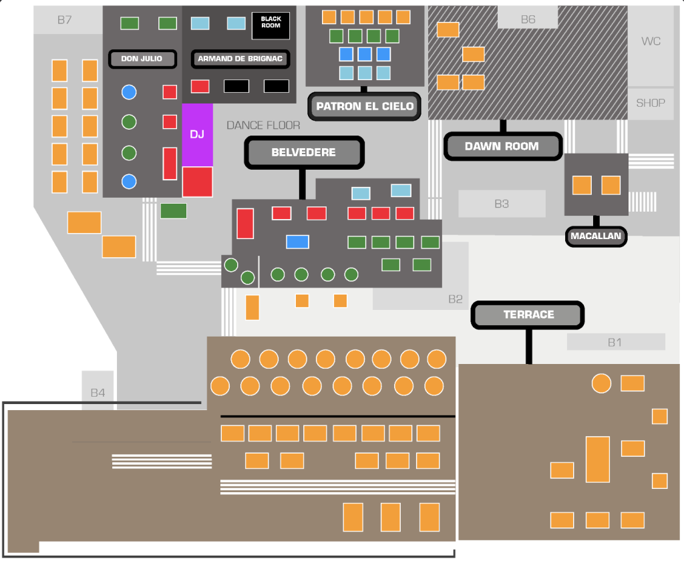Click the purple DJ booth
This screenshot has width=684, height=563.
coord(197,134)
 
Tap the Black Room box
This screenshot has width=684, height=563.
coord(271,26)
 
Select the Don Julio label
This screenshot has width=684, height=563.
coord(142,59)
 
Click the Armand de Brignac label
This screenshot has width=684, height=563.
coord(240,59)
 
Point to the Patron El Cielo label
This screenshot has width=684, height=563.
coord(364,106)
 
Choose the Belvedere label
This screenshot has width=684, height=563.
coord(304,152)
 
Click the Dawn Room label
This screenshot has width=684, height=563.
coord(502,146)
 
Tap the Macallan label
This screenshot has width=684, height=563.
coord(596,236)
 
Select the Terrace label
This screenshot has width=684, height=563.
coord(528,315)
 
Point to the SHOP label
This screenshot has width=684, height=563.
coord(651,104)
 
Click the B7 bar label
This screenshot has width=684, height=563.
coord(65,20)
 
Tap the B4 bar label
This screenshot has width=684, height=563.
coord(98,393)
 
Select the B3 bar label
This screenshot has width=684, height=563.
coord(502,204)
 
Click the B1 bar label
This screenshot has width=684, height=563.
coord(615,343)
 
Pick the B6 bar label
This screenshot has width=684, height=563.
coord(528,19)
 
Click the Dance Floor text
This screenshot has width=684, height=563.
coord(263,126)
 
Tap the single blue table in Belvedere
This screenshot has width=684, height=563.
coord(297,242)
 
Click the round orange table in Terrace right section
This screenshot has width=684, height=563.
coord(601,383)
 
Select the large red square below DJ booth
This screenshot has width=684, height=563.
coord(198,182)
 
